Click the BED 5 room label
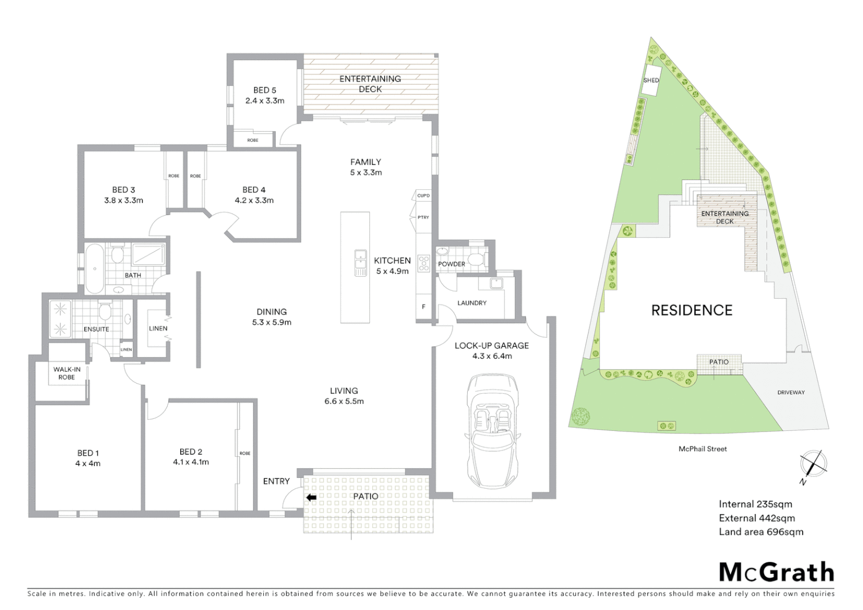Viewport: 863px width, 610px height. (x=264, y=90)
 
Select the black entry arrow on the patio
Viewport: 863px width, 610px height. (x=310, y=498)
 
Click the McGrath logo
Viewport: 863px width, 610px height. (x=776, y=572)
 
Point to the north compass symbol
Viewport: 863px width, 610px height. (x=813, y=465)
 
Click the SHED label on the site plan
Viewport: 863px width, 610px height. (x=651, y=80)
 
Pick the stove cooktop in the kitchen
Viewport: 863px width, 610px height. (x=424, y=263)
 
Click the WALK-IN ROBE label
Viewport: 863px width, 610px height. (x=67, y=373)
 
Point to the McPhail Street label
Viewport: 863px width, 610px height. (x=703, y=449)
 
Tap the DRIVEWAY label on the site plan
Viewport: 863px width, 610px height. (x=790, y=392)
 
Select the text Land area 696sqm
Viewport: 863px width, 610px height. (x=760, y=531)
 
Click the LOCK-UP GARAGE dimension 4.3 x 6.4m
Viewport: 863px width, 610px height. (x=491, y=356)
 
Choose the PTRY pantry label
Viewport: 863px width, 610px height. (x=423, y=217)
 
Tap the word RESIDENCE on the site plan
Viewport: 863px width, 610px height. (x=691, y=310)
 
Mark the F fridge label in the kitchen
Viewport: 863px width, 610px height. (x=424, y=307)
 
